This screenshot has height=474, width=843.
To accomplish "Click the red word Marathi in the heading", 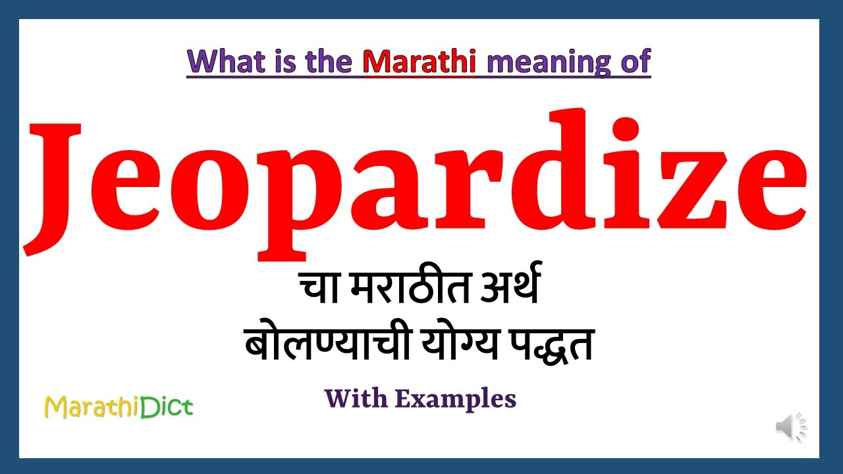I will click(x=420, y=62).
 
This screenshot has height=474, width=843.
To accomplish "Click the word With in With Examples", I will click(x=355, y=398).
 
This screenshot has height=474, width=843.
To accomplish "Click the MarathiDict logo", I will click(x=119, y=407).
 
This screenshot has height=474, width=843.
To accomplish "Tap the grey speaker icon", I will click(x=790, y=427).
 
